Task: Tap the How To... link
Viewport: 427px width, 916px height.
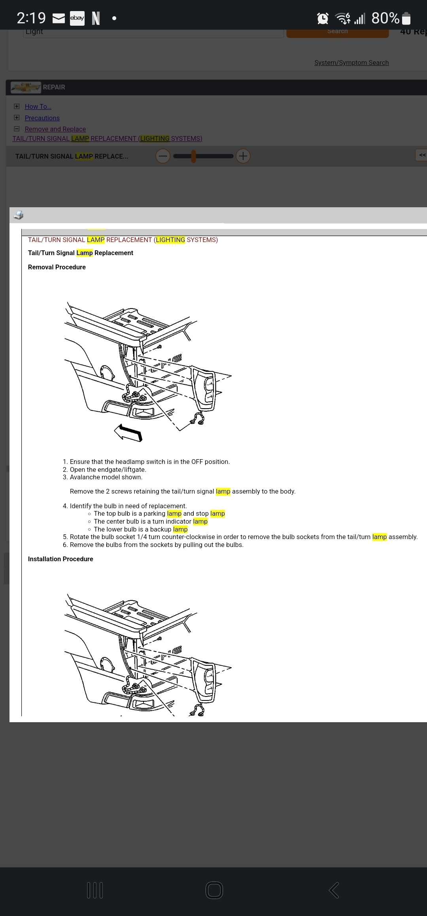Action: click(38, 106)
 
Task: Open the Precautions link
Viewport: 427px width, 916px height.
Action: click(42, 118)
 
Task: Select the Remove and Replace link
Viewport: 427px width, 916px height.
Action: click(55, 129)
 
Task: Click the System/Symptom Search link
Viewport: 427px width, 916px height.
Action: click(351, 62)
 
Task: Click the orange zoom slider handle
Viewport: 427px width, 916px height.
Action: click(194, 156)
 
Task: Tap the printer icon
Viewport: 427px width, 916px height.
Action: click(19, 215)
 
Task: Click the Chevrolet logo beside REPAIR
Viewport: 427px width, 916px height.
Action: click(26, 87)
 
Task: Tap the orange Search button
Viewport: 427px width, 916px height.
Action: click(337, 32)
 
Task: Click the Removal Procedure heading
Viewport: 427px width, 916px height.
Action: click(57, 267)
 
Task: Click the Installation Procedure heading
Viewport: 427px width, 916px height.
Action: click(60, 559)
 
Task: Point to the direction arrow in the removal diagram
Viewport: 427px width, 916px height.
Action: click(128, 432)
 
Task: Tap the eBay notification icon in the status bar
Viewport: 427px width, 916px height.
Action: click(77, 18)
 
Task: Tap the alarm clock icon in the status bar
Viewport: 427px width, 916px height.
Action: click(323, 18)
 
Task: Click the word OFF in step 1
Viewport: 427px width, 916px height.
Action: click(197, 462)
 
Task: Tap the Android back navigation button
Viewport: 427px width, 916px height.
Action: click(334, 890)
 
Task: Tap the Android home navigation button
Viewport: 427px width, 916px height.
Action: click(214, 890)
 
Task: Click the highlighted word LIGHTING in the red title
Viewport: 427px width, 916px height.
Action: click(170, 240)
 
